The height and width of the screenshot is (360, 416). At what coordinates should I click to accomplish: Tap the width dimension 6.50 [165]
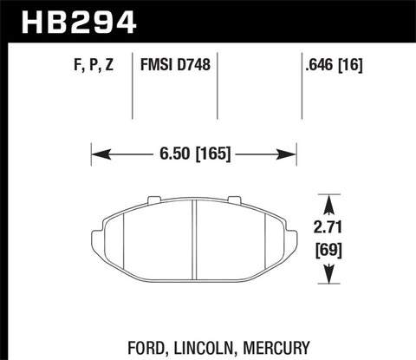click(194, 156)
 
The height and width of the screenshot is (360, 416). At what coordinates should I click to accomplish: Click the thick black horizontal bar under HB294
click(208, 40)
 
